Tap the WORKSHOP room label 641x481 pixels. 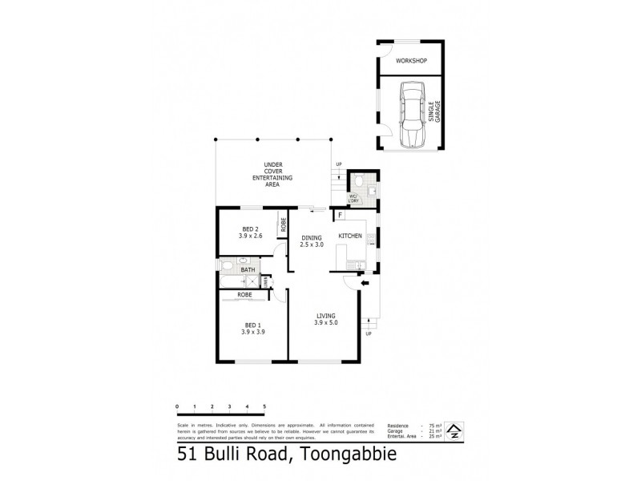(410, 61)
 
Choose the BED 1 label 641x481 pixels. (253, 328)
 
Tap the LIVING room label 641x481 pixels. (325, 318)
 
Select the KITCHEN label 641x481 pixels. (349, 236)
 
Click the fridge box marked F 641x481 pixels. (341, 216)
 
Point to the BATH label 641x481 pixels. (248, 269)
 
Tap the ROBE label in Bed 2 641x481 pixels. (282, 226)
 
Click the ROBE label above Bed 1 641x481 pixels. (245, 295)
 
